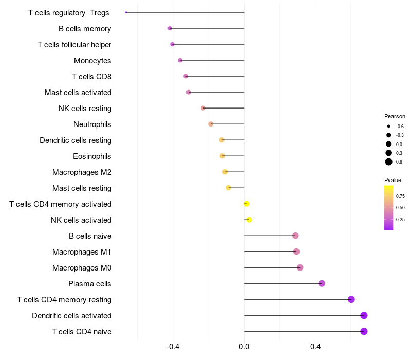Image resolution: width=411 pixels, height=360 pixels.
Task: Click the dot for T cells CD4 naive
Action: coord(364,331)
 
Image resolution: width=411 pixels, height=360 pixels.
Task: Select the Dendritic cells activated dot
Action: coord(364,315)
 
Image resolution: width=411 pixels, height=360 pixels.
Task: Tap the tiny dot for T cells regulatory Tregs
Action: coord(126,12)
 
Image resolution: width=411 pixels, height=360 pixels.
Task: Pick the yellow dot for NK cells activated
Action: coord(249,220)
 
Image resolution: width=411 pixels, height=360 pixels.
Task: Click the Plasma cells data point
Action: coord(322,283)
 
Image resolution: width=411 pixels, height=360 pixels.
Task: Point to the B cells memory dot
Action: coord(170,28)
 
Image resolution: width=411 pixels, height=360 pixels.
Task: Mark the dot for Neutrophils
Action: coord(211,124)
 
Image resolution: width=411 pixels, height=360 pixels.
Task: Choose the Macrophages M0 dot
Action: coord(300,267)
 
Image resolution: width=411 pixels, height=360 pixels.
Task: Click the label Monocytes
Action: coord(92,61)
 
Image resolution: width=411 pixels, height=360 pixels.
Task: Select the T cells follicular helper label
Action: coord(74,45)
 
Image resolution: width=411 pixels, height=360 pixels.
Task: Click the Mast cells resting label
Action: coord(82,188)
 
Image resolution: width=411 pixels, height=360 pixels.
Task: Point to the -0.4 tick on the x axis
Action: coord(173,347)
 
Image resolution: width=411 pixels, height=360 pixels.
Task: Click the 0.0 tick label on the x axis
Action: coord(244,347)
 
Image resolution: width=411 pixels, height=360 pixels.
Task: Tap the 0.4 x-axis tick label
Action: coord(315,347)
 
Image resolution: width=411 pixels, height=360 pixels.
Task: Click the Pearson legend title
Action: coord(395,116)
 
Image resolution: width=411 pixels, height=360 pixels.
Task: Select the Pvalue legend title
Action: coord(393,180)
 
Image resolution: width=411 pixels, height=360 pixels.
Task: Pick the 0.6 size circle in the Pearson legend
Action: coord(389,162)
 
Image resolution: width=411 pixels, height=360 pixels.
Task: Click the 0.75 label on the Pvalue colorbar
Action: coord(400,196)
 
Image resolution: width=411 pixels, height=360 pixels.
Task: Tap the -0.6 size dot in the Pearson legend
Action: coord(389,126)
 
